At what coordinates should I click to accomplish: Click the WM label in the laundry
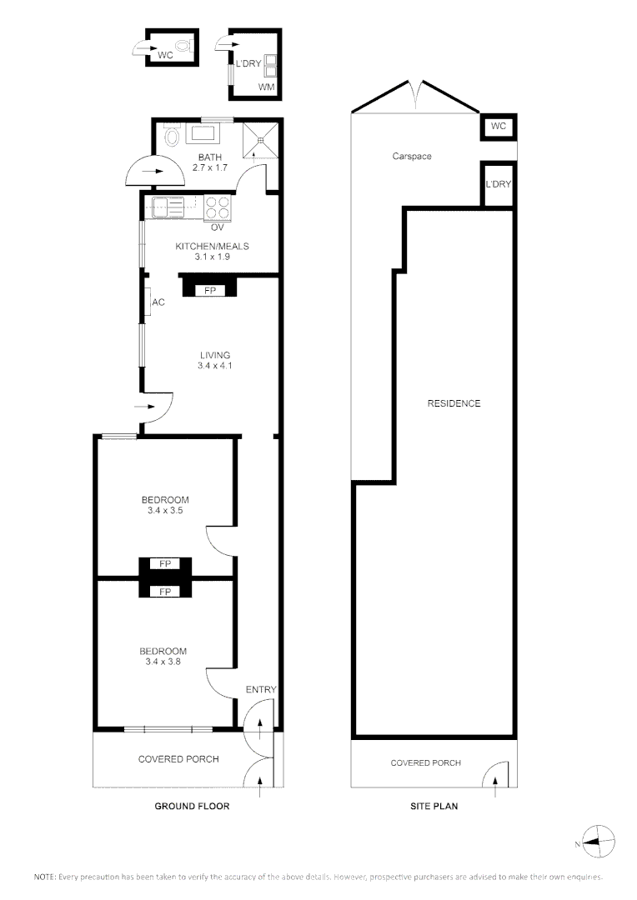pyautogui.click(x=267, y=87)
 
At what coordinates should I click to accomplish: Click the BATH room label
pyautogui.click(x=209, y=157)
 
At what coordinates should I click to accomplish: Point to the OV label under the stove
pyautogui.click(x=218, y=227)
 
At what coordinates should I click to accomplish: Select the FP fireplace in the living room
pyautogui.click(x=209, y=290)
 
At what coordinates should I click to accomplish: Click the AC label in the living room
pyautogui.click(x=158, y=302)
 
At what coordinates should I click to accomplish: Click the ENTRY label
pyautogui.click(x=261, y=689)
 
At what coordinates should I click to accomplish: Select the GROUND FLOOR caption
pyautogui.click(x=192, y=806)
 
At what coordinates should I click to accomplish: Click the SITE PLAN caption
pyautogui.click(x=434, y=806)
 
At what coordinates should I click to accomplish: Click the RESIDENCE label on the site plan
pyautogui.click(x=454, y=403)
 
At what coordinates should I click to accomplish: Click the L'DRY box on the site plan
pyautogui.click(x=498, y=183)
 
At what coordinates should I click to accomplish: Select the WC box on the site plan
pyautogui.click(x=499, y=127)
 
